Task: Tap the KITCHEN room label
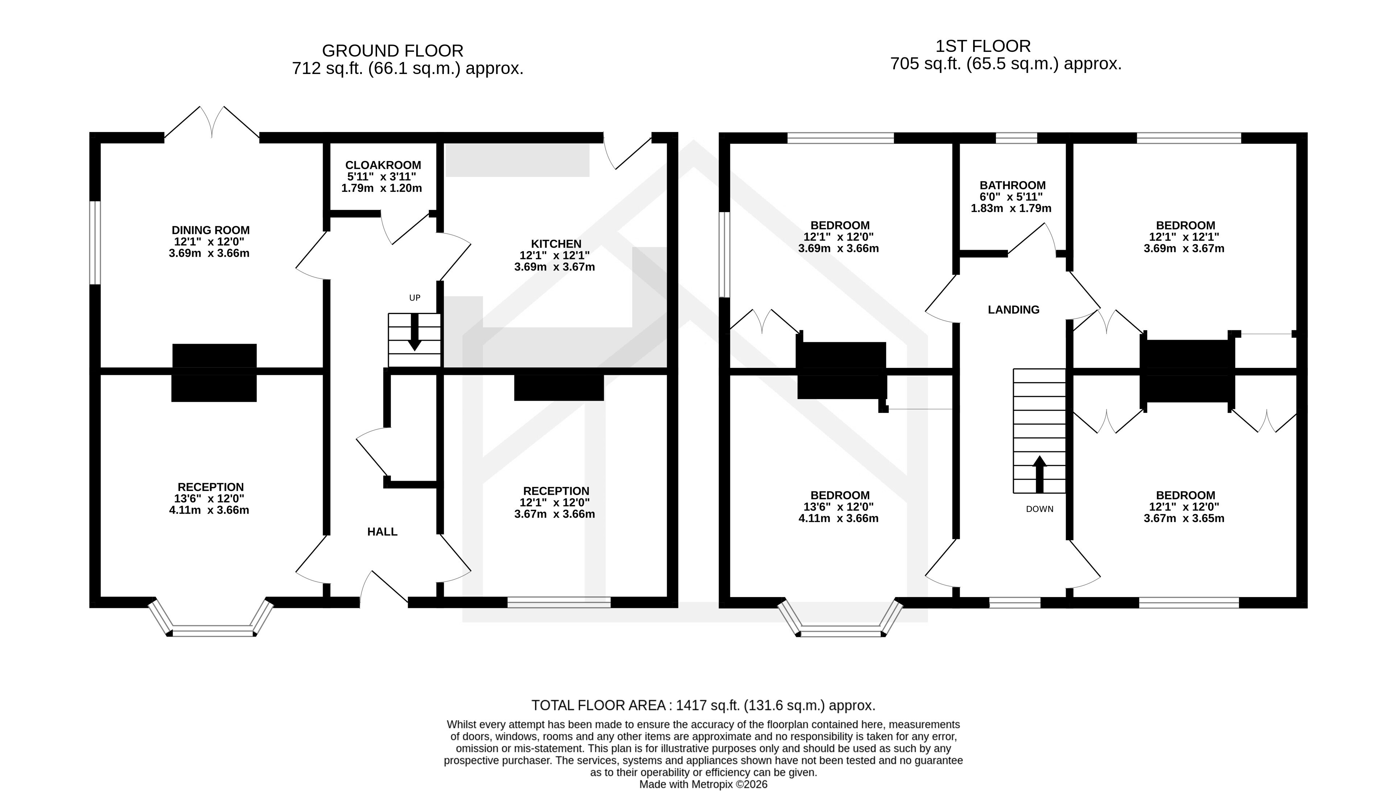[556, 244]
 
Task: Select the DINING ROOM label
[210, 230]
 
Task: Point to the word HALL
[382, 532]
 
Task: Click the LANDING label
[1013, 310]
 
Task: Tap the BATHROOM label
[1012, 185]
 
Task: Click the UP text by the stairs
[414, 298]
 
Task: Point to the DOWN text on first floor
[1040, 509]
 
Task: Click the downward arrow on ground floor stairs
[414, 332]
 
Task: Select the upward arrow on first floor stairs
[1040, 474]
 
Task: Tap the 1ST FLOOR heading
[983, 46]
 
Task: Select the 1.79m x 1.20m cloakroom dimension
[381, 189]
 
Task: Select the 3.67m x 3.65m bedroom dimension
[1184, 518]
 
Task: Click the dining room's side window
[95, 242]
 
